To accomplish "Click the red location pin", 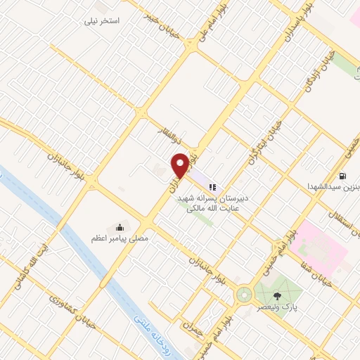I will pyautogui.click(x=181, y=165).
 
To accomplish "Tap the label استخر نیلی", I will pyautogui.click(x=103, y=21).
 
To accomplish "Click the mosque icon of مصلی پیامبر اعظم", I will pyautogui.click(x=120, y=227).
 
